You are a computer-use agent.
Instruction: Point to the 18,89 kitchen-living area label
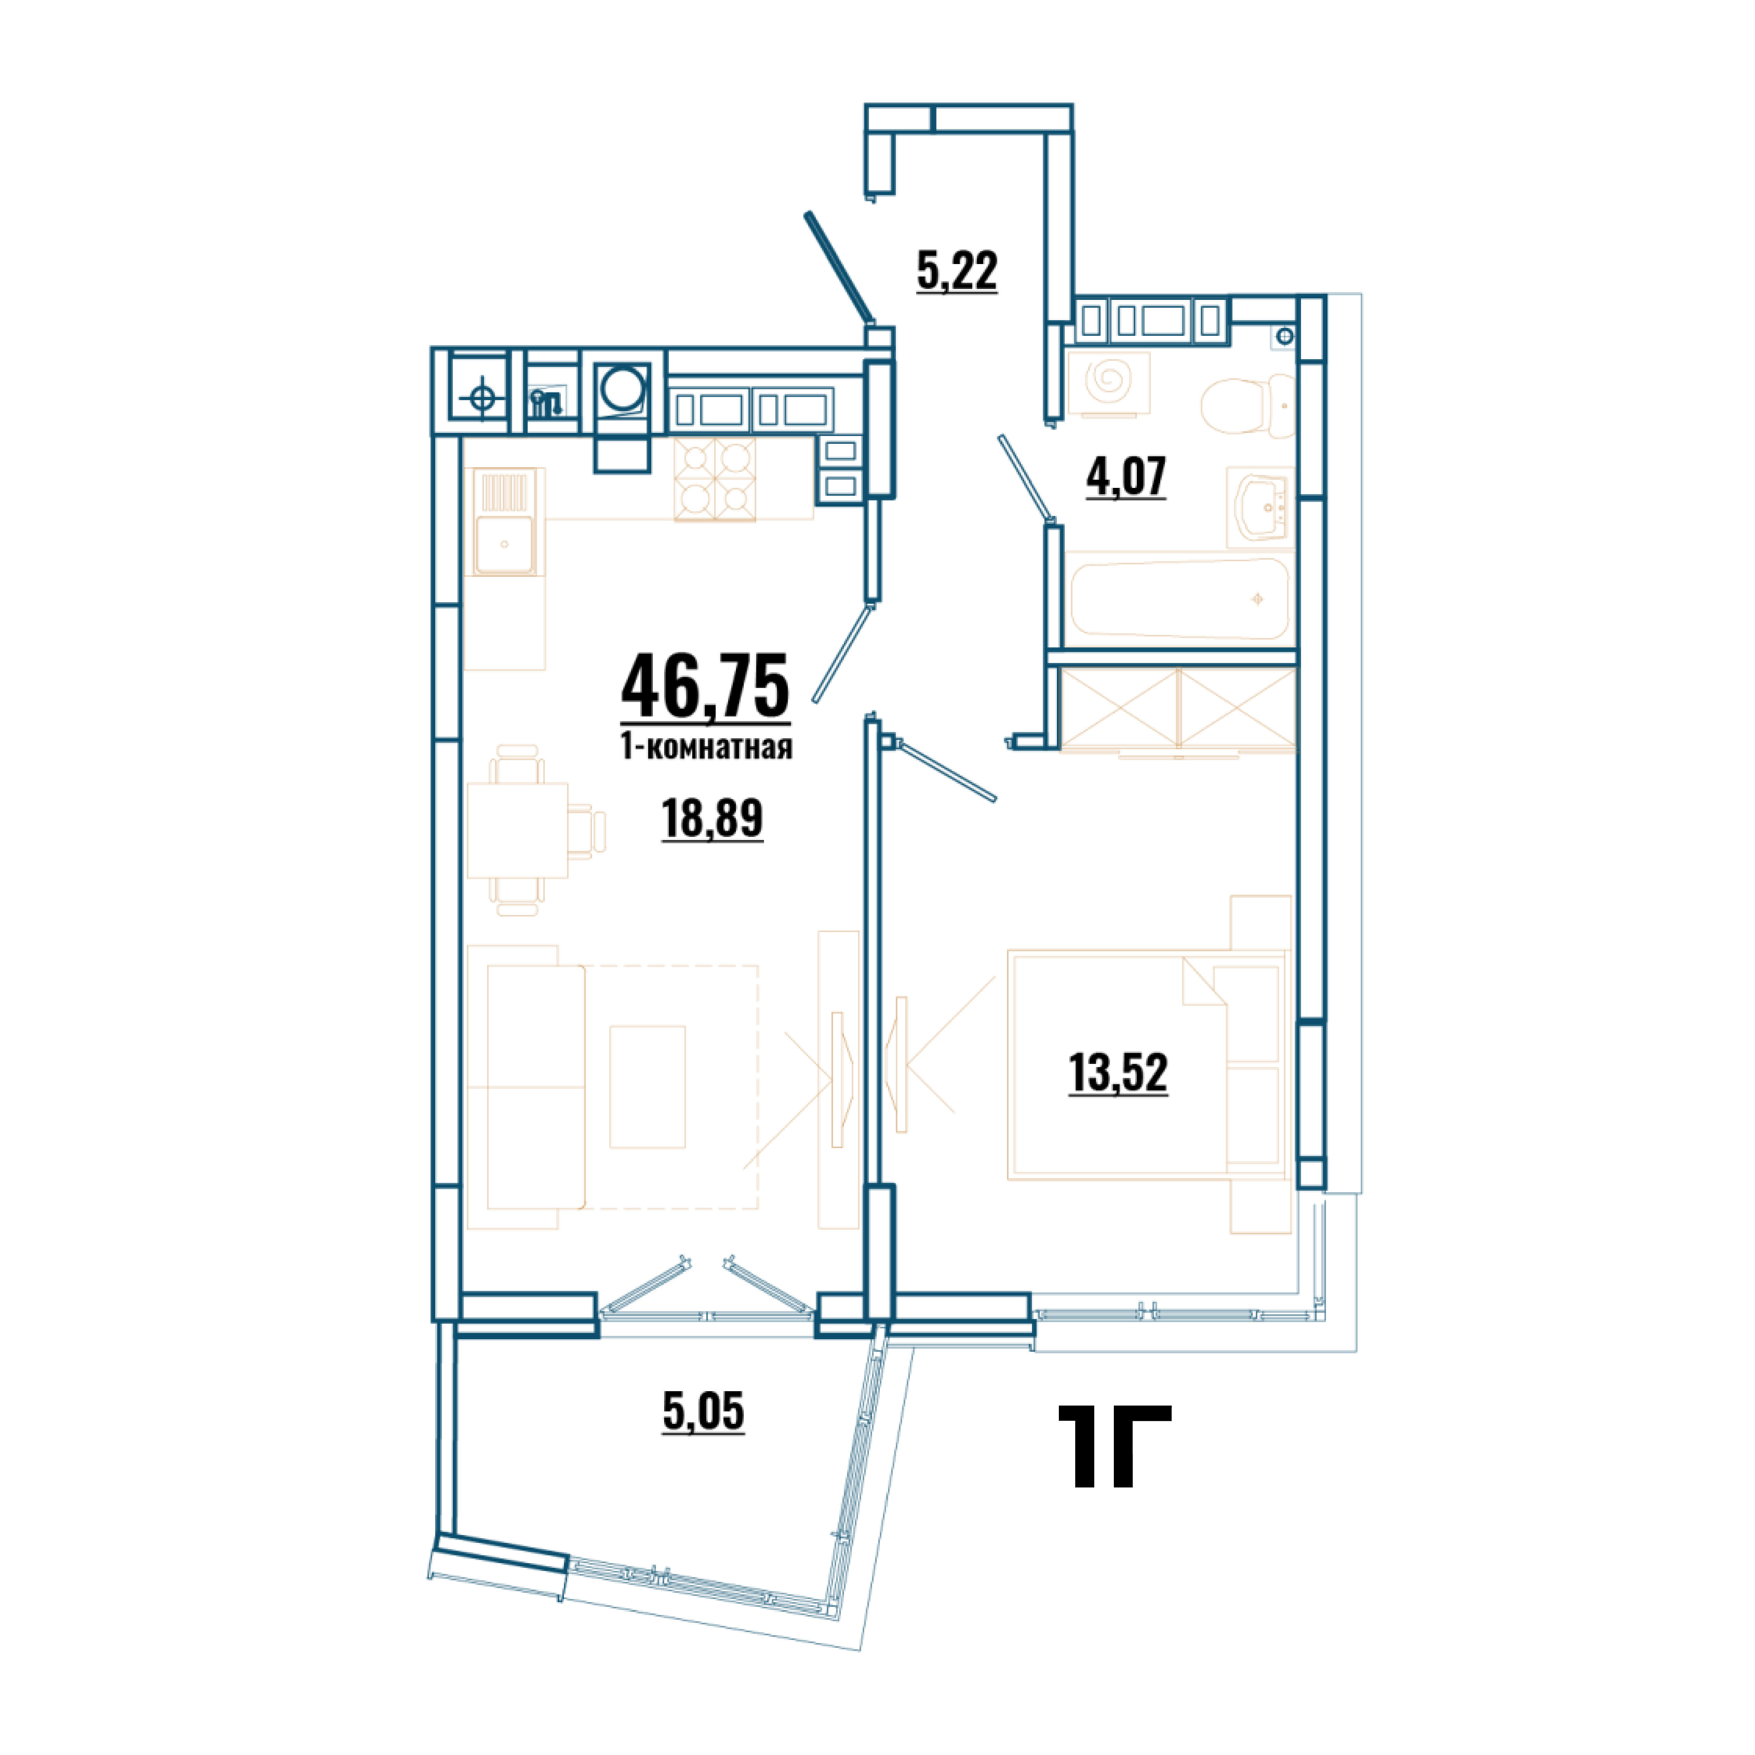(712, 819)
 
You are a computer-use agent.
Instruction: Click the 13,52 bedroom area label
(1118, 1073)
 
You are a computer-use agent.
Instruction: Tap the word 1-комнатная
(706, 747)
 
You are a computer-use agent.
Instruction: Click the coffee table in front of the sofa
(647, 1087)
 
